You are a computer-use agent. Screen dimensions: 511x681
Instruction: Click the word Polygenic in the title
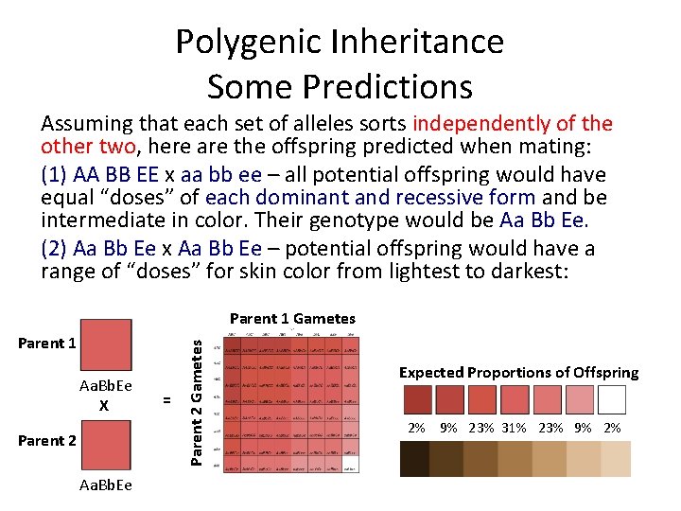248,43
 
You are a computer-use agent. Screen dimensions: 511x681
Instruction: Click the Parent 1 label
46,343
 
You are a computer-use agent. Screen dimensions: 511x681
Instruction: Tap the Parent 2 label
46,440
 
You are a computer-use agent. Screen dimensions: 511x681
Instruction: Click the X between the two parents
105,405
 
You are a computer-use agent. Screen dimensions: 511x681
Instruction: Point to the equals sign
167,400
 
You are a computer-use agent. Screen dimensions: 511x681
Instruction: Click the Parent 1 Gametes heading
292,319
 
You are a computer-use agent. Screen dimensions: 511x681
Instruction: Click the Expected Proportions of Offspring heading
518,372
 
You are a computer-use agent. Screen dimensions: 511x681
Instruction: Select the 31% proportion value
515,428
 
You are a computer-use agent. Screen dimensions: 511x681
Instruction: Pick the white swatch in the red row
613,398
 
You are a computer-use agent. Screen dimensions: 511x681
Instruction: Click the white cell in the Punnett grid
349,465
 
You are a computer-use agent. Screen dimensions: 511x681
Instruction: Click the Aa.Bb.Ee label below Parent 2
106,485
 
